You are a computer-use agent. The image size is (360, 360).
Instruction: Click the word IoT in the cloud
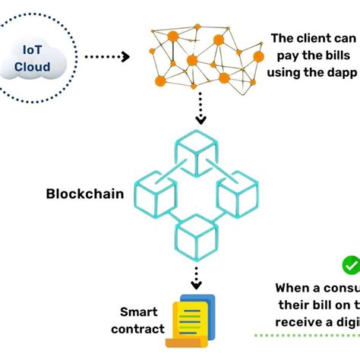click(x=33, y=50)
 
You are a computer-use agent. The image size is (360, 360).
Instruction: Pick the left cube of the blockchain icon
click(x=155, y=193)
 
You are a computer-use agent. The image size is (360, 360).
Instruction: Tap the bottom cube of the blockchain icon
click(x=196, y=237)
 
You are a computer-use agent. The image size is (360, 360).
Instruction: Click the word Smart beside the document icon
click(x=139, y=312)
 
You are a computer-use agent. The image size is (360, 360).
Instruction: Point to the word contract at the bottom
click(x=137, y=329)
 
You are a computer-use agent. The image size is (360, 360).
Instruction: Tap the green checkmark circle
click(x=351, y=265)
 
